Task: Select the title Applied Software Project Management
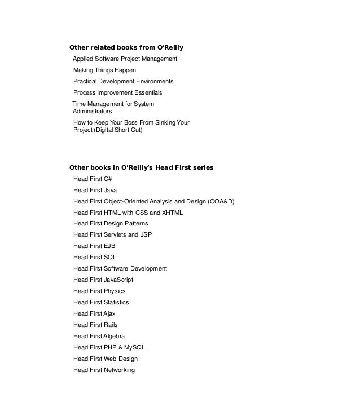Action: [125, 59]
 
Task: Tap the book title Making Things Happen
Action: [104, 70]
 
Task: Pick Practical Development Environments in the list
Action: [123, 81]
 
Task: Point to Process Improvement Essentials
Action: [117, 92]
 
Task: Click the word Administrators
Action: [92, 112]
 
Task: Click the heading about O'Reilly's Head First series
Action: [141, 167]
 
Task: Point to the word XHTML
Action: [171, 213]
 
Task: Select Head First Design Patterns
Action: [111, 224]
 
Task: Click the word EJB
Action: [109, 246]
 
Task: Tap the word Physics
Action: [115, 291]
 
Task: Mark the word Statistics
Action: [116, 303]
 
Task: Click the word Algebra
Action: [114, 336]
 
